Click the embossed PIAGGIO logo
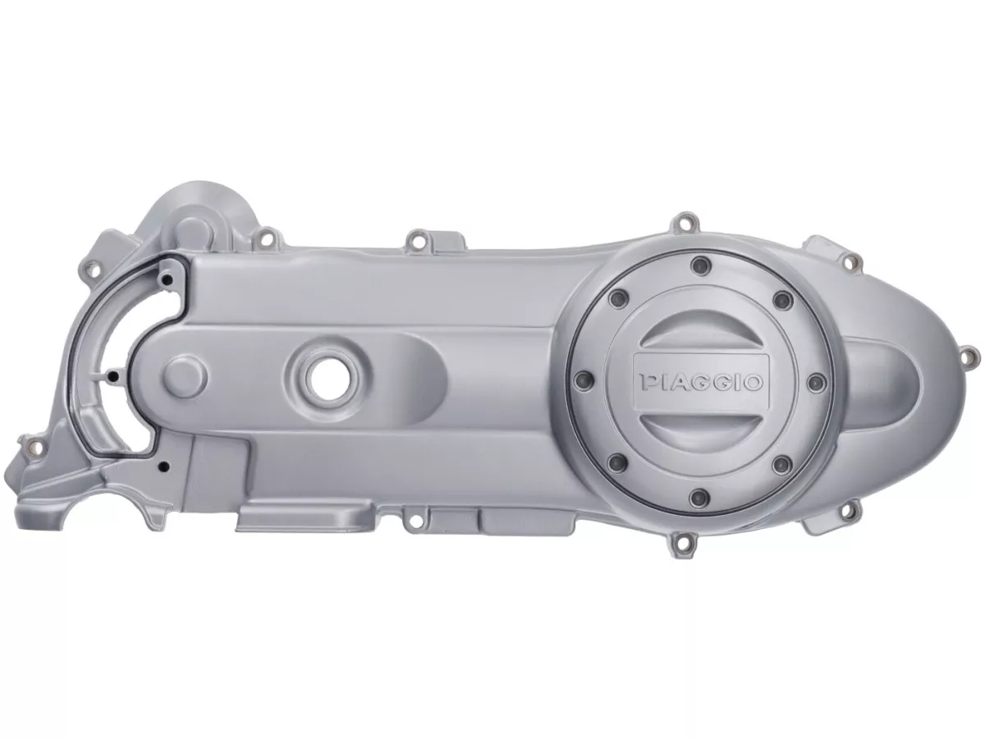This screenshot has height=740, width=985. coord(700,382)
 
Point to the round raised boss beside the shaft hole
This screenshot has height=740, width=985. coord(185,376)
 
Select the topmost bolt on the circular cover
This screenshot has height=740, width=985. coord(700,266)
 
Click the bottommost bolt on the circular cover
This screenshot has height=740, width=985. coord(700,497)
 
